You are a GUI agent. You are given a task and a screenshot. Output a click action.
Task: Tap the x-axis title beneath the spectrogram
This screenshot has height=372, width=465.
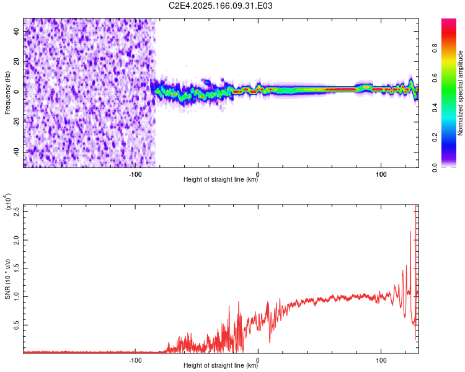(221, 180)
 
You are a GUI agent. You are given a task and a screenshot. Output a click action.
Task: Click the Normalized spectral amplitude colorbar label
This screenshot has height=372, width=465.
(461, 93)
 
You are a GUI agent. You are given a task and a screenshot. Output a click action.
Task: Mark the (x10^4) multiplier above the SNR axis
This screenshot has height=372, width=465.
(8, 202)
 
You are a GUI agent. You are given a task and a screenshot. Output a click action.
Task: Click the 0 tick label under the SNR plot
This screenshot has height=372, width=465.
(258, 360)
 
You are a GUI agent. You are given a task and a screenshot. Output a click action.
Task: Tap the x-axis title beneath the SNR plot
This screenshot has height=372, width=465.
(221, 366)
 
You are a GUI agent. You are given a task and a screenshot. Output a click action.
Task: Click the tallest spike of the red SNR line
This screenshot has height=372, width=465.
(416, 206)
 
